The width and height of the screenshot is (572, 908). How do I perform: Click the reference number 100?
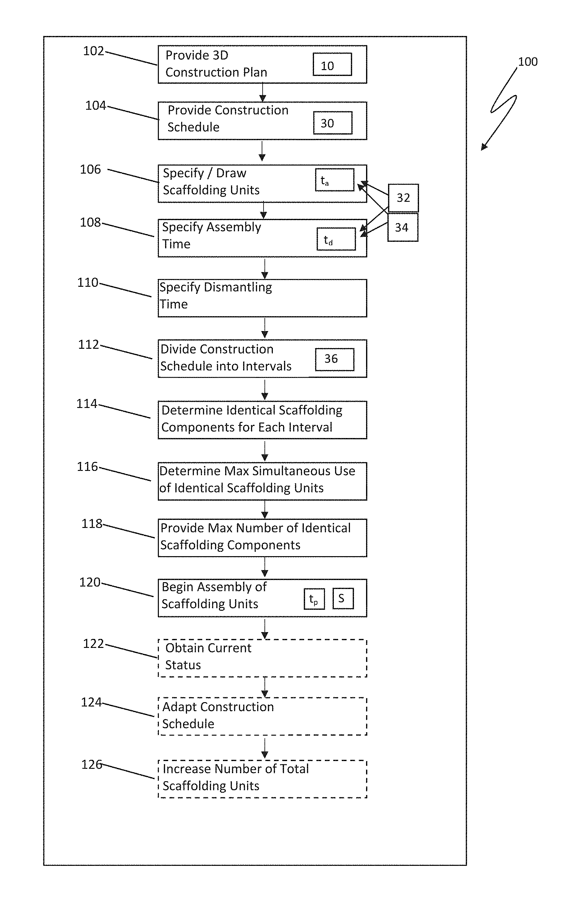point(527,62)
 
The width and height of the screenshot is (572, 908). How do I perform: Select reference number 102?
point(94,51)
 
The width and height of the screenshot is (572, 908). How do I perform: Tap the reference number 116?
point(87,467)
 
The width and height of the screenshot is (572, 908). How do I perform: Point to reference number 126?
point(92,765)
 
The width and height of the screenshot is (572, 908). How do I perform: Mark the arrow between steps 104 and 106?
point(262,151)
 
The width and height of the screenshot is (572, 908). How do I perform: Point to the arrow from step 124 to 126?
point(265,748)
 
